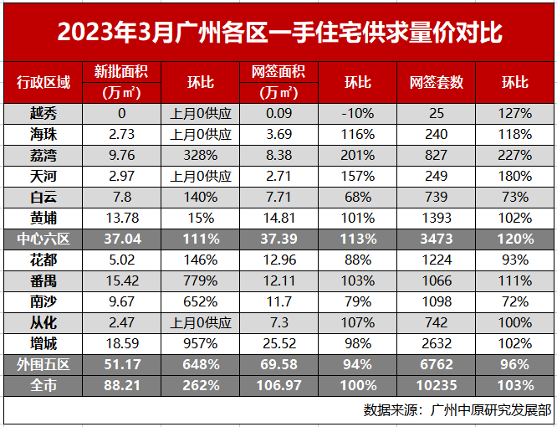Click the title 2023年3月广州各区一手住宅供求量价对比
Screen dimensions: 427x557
[278, 32]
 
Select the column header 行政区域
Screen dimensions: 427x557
[43, 82]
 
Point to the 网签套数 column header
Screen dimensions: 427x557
[436, 82]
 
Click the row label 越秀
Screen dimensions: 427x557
[43, 113]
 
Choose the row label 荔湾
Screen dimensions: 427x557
[43, 155]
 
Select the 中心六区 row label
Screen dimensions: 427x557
[43, 239]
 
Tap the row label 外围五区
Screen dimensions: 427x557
[43, 364]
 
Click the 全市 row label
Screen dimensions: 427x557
[43, 385]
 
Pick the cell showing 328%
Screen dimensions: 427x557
[201, 155]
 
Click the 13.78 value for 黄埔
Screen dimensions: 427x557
[121, 218]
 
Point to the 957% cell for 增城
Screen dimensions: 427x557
[201, 343]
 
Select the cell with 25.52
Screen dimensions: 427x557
[278, 343]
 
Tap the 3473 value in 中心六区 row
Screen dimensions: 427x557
[436, 239]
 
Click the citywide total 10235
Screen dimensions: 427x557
[436, 385]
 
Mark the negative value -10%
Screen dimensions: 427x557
[358, 113]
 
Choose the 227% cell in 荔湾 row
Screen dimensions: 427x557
[515, 155]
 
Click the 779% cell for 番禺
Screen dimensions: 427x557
[201, 280]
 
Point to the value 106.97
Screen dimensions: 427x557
[278, 385]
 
